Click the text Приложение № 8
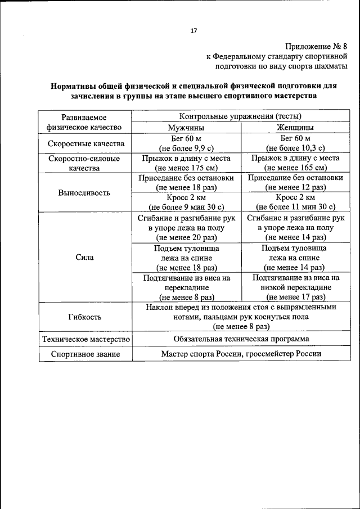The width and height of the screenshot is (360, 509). click(316, 47)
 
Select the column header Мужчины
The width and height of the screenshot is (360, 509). click(186, 128)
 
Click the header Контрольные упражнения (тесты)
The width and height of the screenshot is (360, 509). click(240, 117)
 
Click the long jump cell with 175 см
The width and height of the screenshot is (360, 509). click(186, 163)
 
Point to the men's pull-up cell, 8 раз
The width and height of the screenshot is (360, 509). click(186, 287)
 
